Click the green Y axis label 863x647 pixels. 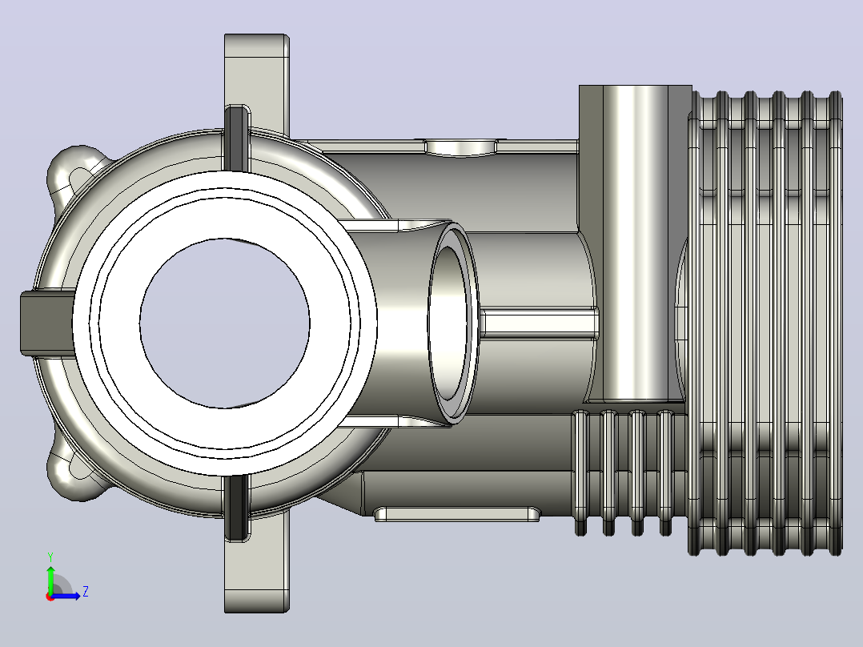pyautogui.click(x=50, y=557)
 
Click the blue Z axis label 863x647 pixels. pyautogui.click(x=86, y=592)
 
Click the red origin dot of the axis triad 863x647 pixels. pyautogui.click(x=50, y=597)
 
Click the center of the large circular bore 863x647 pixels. pyautogui.click(x=224, y=323)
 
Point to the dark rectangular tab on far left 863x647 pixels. pyautogui.click(x=46, y=323)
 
